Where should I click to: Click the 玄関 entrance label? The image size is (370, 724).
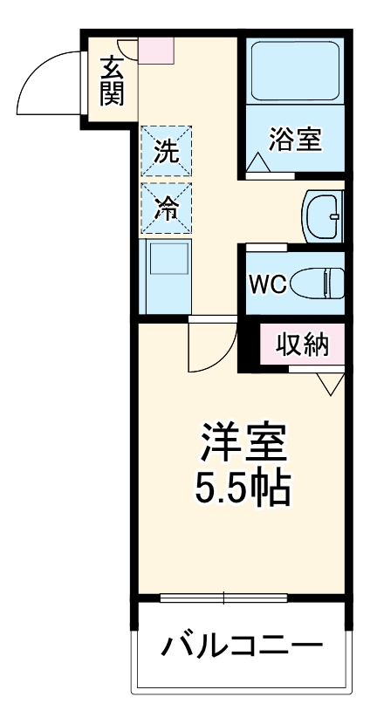(x=111, y=80)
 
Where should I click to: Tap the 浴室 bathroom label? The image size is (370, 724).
(x=296, y=140)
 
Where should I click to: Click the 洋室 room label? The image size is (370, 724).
(x=243, y=444)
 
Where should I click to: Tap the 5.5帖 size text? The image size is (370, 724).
(x=243, y=490)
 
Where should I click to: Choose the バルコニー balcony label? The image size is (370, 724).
(x=240, y=647)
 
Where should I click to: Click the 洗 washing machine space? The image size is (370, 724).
(x=167, y=151)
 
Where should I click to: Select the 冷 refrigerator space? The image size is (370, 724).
(x=167, y=208)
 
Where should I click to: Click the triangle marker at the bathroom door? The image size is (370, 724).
(x=258, y=163)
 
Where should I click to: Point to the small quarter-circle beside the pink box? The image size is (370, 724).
(x=128, y=48)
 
